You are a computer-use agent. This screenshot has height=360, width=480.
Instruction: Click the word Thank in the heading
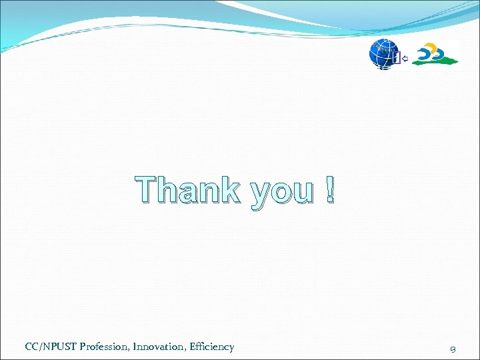click(x=188, y=191)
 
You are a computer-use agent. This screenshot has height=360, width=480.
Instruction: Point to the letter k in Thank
click(x=229, y=191)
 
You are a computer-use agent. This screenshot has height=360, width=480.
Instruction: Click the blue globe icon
click(x=382, y=55)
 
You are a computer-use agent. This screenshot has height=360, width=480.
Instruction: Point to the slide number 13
click(x=453, y=347)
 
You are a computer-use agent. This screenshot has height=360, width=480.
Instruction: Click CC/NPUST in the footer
click(x=48, y=347)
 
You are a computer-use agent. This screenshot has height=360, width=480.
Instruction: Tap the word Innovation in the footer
click(x=159, y=347)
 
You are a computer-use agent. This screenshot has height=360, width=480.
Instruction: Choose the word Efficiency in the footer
click(x=212, y=347)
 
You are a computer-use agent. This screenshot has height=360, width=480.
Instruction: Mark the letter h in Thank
click(x=171, y=191)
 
